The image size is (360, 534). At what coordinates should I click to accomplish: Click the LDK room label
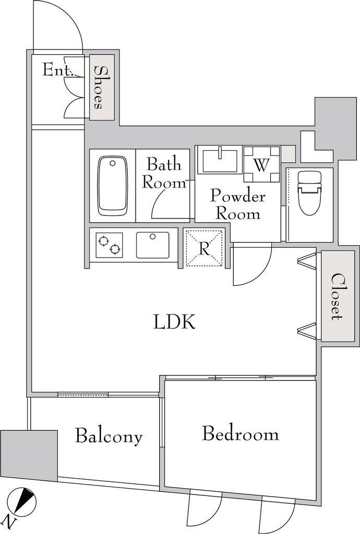coord(174,322)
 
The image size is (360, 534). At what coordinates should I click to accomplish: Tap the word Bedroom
coord(241,434)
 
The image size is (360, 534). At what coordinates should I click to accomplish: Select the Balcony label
coord(109,436)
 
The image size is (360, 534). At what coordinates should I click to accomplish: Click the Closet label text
coord(337,296)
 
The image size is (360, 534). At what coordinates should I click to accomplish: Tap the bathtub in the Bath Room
coord(113,186)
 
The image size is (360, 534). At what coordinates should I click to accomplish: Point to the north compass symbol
coord(23,501)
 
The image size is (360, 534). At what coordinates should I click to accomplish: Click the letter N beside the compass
coord(9,520)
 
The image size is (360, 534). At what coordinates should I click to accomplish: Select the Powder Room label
coord(237,205)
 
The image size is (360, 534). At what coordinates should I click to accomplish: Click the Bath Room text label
coord(164,173)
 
